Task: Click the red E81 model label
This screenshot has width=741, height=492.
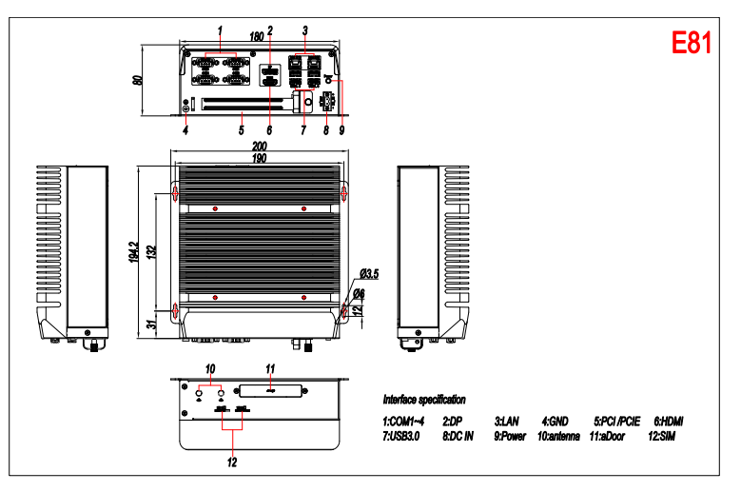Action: (x=692, y=43)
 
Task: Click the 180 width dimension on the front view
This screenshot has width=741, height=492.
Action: (x=256, y=36)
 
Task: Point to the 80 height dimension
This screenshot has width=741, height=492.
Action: (x=138, y=80)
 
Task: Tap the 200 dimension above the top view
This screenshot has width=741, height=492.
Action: (x=260, y=146)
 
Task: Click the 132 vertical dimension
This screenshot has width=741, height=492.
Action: (x=151, y=251)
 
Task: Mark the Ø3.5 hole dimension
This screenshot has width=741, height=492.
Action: (x=369, y=274)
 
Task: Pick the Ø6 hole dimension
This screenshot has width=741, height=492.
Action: (x=360, y=293)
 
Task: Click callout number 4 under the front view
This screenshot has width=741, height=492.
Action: (x=185, y=130)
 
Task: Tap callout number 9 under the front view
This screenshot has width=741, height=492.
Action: (x=341, y=130)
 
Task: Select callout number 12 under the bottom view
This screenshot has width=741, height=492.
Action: (x=232, y=462)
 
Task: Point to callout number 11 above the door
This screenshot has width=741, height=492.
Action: (x=270, y=368)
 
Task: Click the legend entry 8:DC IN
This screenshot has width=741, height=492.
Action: (x=458, y=436)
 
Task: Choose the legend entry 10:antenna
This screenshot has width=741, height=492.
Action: (x=558, y=436)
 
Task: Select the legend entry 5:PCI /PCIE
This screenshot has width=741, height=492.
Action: (x=617, y=422)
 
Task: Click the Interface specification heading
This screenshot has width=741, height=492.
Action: (x=424, y=400)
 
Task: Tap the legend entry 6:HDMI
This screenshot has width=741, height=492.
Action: (x=669, y=422)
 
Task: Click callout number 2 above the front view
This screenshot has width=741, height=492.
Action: (x=270, y=30)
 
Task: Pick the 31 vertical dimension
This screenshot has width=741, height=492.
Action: (x=151, y=325)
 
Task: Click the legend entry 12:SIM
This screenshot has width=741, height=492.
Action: (x=662, y=436)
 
